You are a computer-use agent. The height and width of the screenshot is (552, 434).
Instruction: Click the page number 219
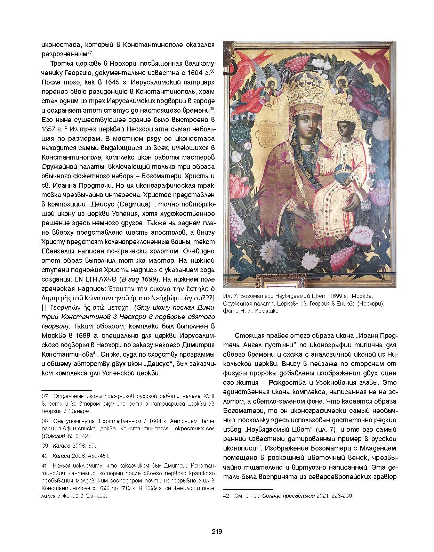pyautogui.click(x=217, y=531)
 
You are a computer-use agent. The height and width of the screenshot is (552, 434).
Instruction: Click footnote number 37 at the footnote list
pyautogui.click(x=45, y=396)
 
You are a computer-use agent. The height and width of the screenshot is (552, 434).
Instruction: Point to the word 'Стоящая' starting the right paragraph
pyautogui.click(x=248, y=336)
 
